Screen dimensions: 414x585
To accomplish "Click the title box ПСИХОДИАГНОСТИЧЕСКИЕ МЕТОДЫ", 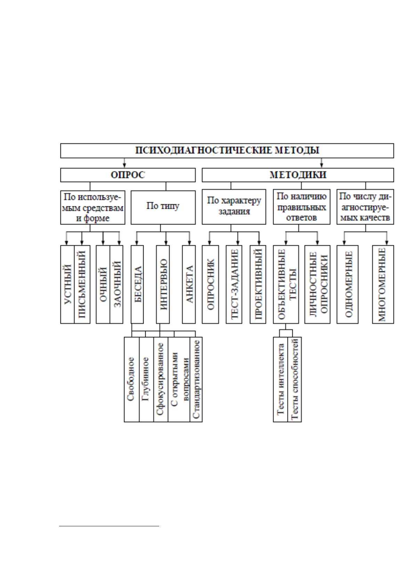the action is (227, 151).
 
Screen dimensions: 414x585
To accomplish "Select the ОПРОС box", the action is (128, 175).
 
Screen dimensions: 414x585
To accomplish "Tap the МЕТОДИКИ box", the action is (298, 175).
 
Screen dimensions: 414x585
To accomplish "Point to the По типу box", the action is (163, 207).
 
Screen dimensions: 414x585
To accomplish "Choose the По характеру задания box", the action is (234, 207).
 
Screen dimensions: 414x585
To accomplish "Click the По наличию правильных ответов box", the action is (302, 207).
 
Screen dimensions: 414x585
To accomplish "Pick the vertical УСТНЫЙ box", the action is (67, 285).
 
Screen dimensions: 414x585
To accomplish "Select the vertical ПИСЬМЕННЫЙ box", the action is (82, 285).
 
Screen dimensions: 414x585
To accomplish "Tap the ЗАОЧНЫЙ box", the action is (116, 285).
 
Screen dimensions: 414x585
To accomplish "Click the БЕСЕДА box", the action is (137, 285).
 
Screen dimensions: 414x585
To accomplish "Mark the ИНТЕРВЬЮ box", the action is (163, 285).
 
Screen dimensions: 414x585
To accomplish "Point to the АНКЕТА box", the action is (189, 285).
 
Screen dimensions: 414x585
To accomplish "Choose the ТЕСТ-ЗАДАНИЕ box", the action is (234, 285).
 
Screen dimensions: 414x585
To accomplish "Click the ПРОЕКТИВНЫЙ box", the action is (258, 285).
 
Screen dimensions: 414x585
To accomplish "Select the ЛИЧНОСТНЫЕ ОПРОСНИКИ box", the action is (317, 285).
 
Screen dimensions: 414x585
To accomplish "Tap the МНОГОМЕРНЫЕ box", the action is (383, 285).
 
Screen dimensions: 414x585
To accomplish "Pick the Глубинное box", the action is (146, 379).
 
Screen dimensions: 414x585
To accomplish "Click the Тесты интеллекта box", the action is (281, 379).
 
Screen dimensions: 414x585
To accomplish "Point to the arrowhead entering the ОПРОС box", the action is (124, 166).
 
